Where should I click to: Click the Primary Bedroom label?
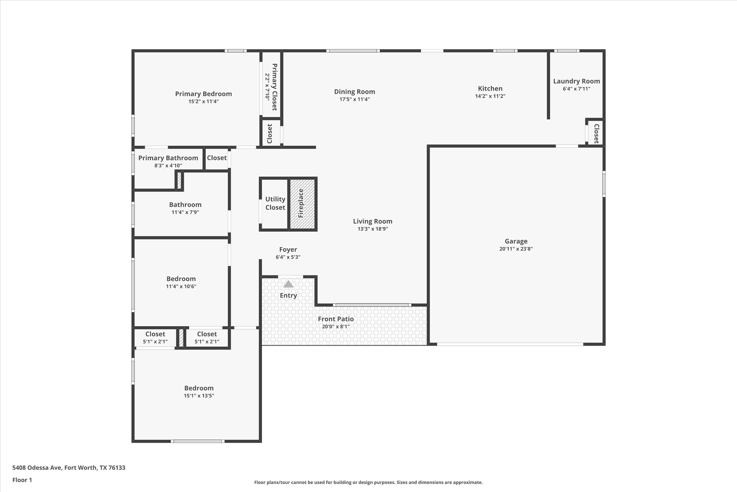[x=203, y=94]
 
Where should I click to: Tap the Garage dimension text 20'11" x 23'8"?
[x=516, y=249]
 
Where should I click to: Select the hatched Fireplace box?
[x=302, y=204]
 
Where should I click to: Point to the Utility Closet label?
[x=275, y=203]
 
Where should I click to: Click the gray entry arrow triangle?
[x=288, y=284]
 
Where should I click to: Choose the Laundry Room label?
[x=577, y=81]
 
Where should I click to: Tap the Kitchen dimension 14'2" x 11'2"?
[x=490, y=96]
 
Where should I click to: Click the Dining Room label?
[x=354, y=92]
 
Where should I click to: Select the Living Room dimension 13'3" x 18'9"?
[x=372, y=229]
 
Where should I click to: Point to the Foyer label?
[x=288, y=249]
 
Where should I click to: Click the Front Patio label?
[x=336, y=319]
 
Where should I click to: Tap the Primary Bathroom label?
[x=168, y=158]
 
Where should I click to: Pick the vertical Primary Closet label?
[x=274, y=87]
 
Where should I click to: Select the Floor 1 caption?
[x=22, y=480]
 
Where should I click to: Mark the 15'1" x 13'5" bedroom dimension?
[x=199, y=396]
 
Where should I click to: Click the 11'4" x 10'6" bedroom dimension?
[x=181, y=287]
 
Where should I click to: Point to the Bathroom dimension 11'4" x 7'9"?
[x=185, y=212]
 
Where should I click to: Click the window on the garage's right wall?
[x=604, y=184]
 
